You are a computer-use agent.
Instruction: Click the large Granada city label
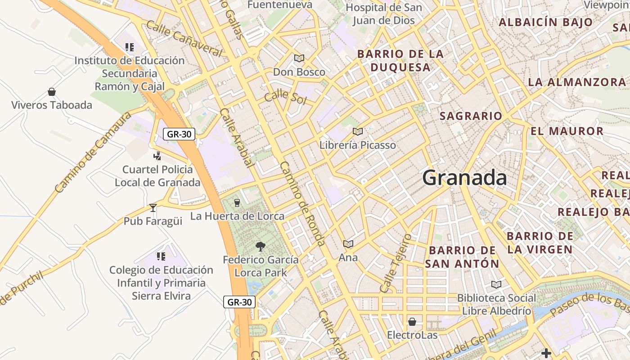pyautogui.click(x=464, y=178)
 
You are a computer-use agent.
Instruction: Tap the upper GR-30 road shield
pyautogui.click(x=179, y=134)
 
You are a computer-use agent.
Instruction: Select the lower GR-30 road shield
pyautogui.click(x=239, y=302)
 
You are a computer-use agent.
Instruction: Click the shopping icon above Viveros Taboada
pyautogui.click(x=52, y=92)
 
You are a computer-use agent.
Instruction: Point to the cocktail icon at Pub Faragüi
pyautogui.click(x=153, y=207)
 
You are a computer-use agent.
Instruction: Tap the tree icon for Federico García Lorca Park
pyautogui.click(x=260, y=246)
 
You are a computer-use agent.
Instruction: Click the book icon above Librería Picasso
pyautogui.click(x=358, y=131)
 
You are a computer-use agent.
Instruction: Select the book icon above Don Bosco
pyautogui.click(x=299, y=58)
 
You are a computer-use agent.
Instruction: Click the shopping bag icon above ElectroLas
pyautogui.click(x=412, y=322)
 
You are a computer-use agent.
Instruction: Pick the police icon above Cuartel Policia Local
pyautogui.click(x=157, y=156)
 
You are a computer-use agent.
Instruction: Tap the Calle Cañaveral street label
pyautogui.click(x=184, y=39)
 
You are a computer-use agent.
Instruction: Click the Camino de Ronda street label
pyautogui.click(x=302, y=203)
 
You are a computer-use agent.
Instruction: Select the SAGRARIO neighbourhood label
pyautogui.click(x=471, y=116)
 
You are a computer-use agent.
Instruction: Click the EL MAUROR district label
pyautogui.click(x=567, y=131)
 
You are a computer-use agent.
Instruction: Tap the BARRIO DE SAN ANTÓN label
pyautogui.click(x=462, y=257)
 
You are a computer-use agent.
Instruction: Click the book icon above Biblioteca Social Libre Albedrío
pyautogui.click(x=496, y=284)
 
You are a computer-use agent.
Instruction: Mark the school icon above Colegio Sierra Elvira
pyautogui.click(x=161, y=256)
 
